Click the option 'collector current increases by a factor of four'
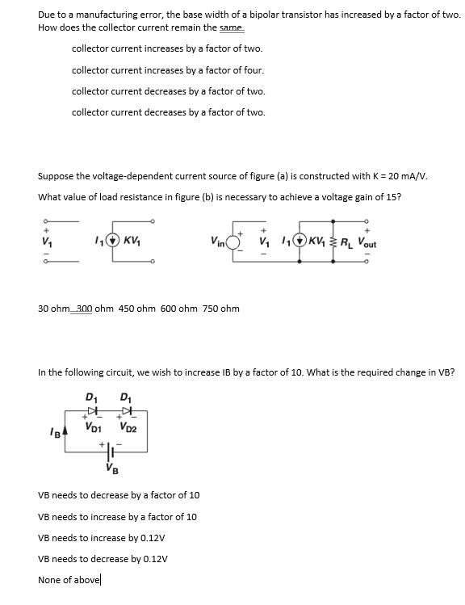point(167,69)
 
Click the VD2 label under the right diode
point(128,426)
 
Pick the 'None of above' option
point(70,579)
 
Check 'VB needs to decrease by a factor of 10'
point(119,495)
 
